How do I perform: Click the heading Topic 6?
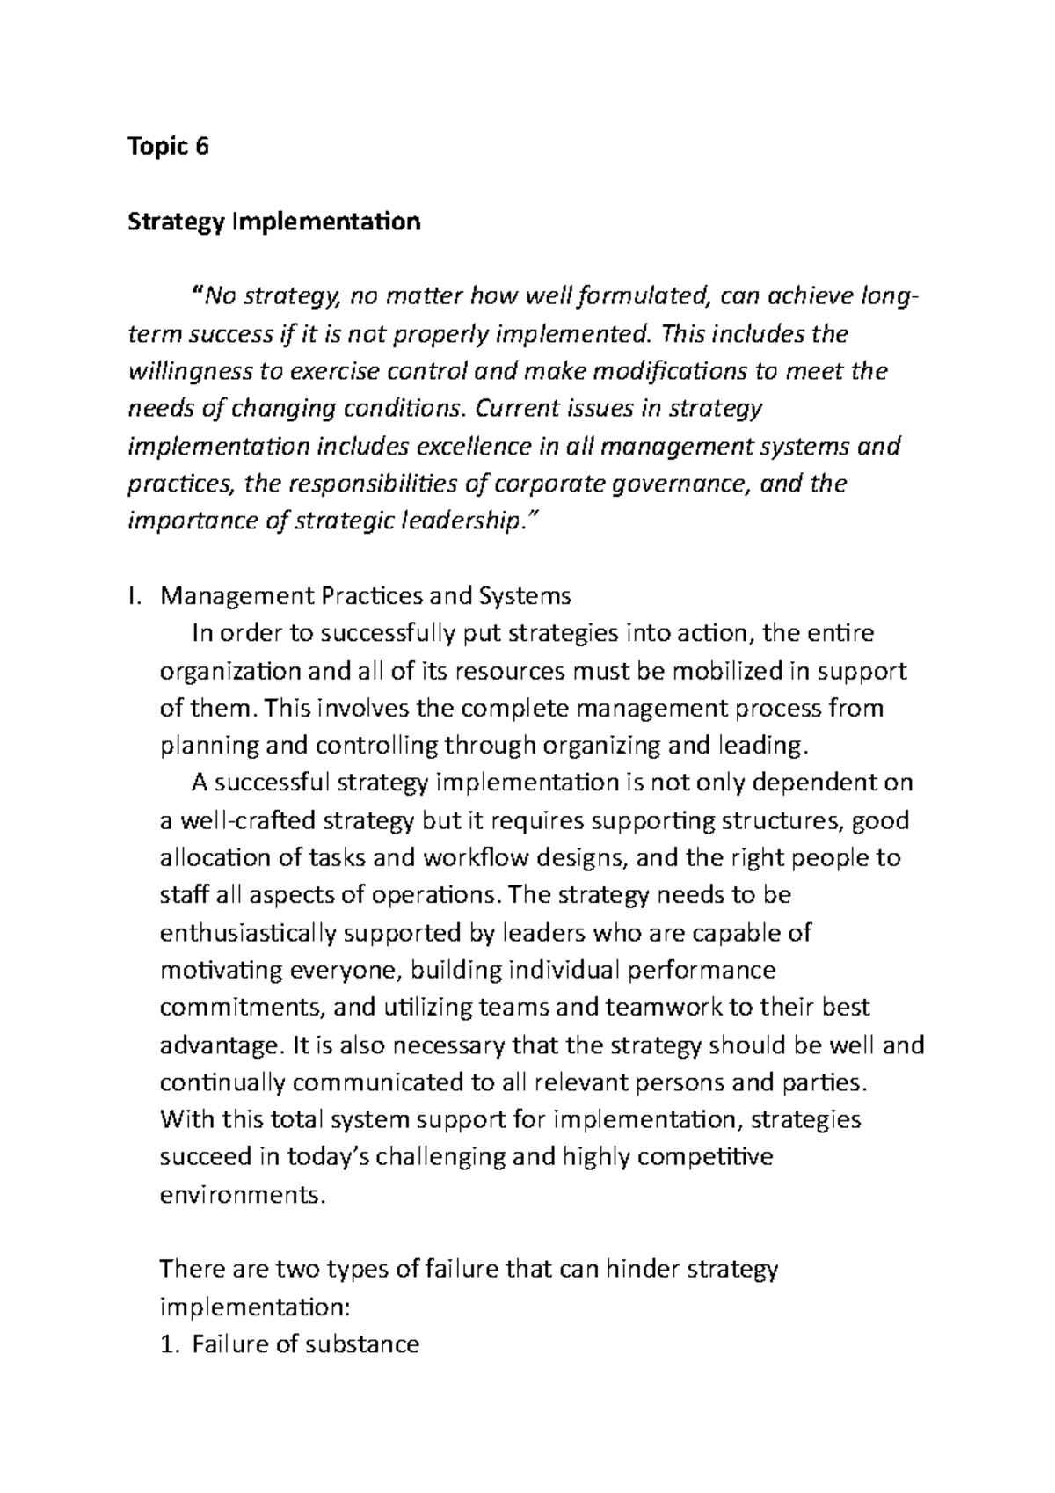[169, 147]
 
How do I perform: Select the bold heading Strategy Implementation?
[274, 222]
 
